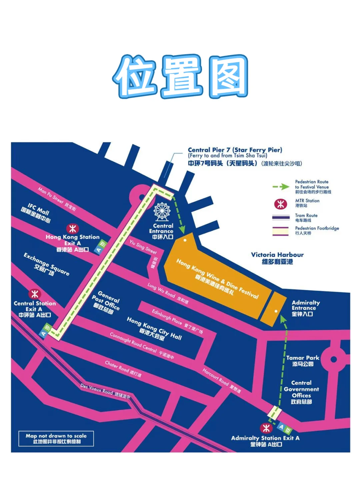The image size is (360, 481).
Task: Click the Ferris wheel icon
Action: tap(162, 212)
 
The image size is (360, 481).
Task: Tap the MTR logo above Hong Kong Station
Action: tap(72, 229)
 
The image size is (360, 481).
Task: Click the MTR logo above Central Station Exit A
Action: tap(35, 294)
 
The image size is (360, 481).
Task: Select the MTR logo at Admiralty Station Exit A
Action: tap(266, 428)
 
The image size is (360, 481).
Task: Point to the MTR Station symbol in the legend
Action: tap(281, 204)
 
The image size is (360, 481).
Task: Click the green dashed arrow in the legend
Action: tap(281, 187)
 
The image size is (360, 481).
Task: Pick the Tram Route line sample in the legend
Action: tap(281, 218)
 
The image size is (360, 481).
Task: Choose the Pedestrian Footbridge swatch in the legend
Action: tap(281, 231)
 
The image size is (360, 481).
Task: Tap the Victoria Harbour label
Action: tap(277, 258)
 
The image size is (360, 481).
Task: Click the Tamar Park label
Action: tap(303, 361)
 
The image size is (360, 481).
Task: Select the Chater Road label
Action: tap(123, 369)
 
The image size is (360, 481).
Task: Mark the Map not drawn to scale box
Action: tap(56, 438)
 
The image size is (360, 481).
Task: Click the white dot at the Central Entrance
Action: tap(185, 240)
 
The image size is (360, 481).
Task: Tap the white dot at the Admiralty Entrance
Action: tap(276, 311)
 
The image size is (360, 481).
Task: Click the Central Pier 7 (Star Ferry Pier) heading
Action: tap(235, 150)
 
